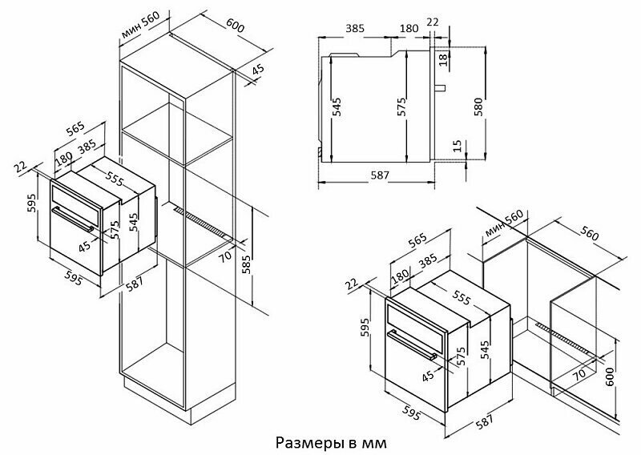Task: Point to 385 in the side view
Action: (355, 28)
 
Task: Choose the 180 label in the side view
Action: (409, 28)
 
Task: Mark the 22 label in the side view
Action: (433, 22)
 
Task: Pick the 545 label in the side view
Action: (337, 106)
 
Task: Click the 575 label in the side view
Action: (402, 106)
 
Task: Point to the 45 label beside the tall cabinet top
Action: (256, 71)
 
